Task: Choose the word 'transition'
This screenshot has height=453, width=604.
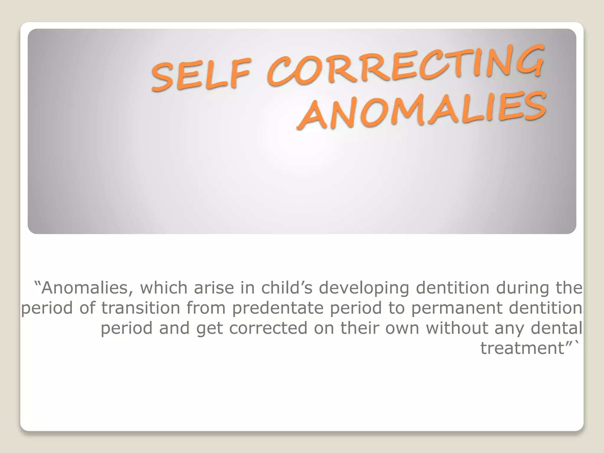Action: [x=141, y=308]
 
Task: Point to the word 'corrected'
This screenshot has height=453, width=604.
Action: [x=268, y=328]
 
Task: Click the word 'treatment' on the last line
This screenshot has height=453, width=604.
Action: [x=522, y=348]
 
